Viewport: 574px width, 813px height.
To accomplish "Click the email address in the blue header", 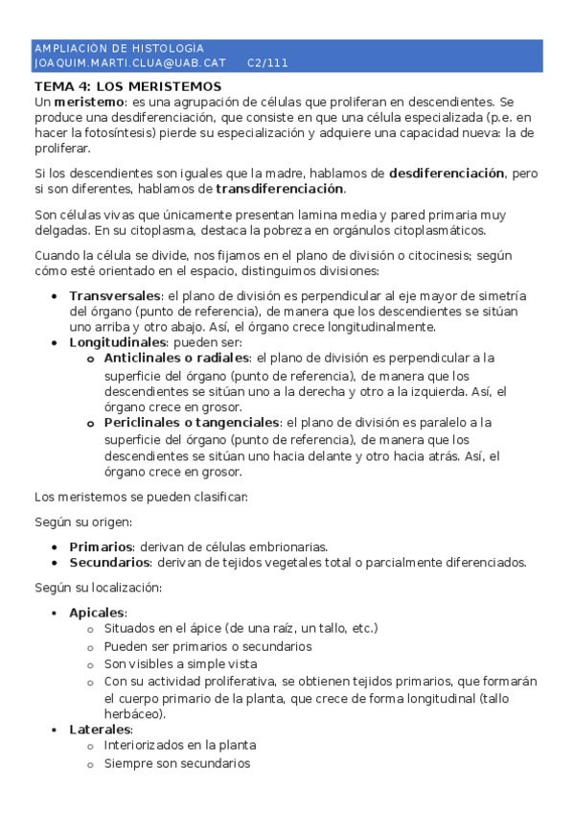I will (x=129, y=63).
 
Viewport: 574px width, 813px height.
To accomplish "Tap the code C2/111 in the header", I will (x=267, y=63).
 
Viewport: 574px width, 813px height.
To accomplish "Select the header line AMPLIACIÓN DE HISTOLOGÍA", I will (x=119, y=49).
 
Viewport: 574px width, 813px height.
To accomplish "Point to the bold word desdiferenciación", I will (x=447, y=174).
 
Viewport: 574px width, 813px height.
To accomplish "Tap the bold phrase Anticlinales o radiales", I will (x=177, y=358).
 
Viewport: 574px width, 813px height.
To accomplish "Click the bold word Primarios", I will (x=101, y=546).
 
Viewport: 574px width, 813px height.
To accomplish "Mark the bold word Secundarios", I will (x=109, y=562).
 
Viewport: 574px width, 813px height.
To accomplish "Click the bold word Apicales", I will (x=97, y=613).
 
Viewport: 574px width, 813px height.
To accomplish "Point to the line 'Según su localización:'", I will (x=98, y=588).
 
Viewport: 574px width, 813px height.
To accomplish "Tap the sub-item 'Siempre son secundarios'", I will (x=177, y=764).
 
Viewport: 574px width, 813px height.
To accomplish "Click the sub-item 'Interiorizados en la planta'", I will (x=180, y=745).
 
